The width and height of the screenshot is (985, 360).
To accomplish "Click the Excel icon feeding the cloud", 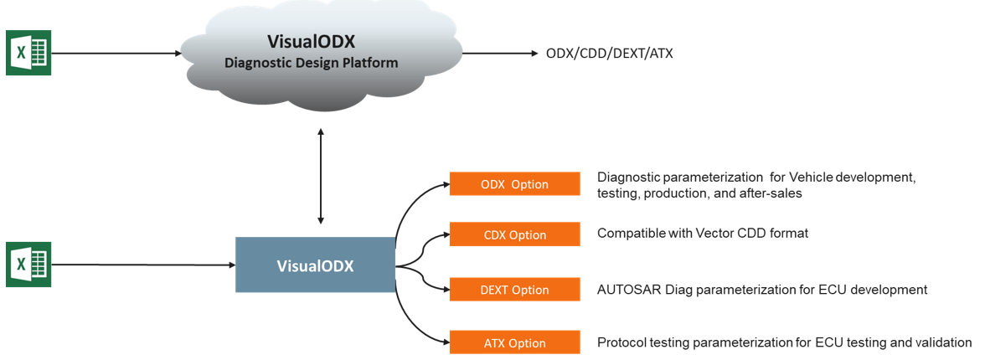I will coord(28,53).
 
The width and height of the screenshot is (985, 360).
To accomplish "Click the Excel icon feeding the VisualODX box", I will coord(28,265).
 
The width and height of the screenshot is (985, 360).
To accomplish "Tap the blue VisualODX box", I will coord(315,265).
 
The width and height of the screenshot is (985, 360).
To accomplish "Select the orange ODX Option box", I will coord(514,184).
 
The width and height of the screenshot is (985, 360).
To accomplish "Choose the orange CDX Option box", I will coord(514,235).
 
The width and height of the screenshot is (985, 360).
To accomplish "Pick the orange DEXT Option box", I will coord(514,290).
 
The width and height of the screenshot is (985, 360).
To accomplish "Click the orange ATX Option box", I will coord(514,342).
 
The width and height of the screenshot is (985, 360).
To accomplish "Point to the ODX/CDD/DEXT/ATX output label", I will coord(609,54).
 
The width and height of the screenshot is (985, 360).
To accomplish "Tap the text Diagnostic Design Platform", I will coord(322,63).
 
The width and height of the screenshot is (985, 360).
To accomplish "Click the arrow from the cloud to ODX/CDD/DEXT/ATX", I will coord(499,54).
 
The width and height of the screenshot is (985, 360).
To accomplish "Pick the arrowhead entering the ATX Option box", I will coord(445,342).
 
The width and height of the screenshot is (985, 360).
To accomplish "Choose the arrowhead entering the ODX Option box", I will coord(445,183).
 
